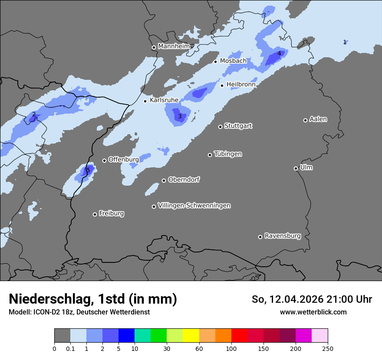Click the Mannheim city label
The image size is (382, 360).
click(x=174, y=46)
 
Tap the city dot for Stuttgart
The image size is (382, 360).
click(x=221, y=127)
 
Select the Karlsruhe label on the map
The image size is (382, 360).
click(x=164, y=100)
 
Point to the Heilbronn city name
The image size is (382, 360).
click(x=241, y=85)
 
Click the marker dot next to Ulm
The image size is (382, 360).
click(x=296, y=168)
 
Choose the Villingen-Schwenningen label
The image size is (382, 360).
click(x=194, y=206)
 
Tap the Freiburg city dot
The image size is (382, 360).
click(x=95, y=214)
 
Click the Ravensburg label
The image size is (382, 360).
click(x=283, y=236)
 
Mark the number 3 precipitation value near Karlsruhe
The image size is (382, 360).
click(x=180, y=116)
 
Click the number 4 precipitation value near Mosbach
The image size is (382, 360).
click(x=279, y=54)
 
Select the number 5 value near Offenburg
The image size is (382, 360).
click(x=88, y=170)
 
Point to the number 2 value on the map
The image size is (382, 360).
click(x=34, y=115)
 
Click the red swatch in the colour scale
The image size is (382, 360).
click(x=239, y=336)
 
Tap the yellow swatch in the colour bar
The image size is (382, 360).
click(x=191, y=336)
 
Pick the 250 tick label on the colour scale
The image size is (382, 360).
click(x=328, y=349)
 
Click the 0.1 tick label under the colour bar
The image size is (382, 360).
click(x=70, y=349)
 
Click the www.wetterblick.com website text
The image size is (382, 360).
click(x=313, y=312)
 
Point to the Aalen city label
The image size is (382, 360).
click(x=318, y=119)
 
